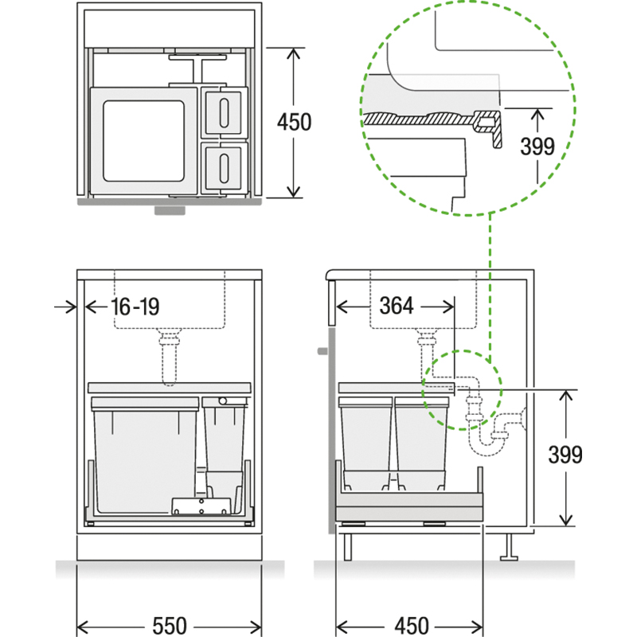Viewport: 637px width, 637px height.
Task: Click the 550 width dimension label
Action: (169, 625)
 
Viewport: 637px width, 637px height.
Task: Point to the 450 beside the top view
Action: (294, 123)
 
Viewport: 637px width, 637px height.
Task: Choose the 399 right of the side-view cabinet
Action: (566, 455)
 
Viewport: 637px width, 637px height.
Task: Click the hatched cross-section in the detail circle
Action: (422, 120)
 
